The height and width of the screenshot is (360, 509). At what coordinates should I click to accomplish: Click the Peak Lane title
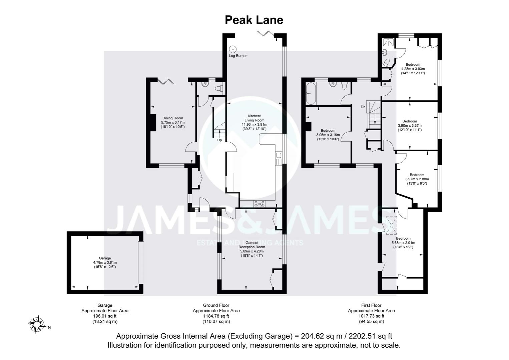pos(254,20)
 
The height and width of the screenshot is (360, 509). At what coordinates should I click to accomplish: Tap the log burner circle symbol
pos(233,49)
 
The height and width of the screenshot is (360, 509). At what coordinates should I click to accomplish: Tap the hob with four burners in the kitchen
pos(260,204)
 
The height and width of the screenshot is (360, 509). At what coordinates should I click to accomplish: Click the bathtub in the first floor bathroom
pos(311,94)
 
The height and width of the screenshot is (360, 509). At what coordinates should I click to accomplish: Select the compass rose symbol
pos(36,325)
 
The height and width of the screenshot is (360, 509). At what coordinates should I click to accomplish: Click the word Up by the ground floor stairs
pos(219,140)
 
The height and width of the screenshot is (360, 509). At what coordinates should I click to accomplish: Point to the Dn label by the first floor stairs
pos(363,107)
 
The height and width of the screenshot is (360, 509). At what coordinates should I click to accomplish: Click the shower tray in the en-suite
pos(388,42)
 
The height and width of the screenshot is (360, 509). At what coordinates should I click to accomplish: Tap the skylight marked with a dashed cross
pos(391,225)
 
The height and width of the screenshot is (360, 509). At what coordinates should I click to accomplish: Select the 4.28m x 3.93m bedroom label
pos(413,69)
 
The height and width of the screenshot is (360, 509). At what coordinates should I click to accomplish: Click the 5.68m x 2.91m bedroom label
pos(403,243)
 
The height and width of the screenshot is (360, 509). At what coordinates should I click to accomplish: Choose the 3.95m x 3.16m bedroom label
pos(328,135)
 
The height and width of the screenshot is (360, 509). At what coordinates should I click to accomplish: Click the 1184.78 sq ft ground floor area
pos(216,316)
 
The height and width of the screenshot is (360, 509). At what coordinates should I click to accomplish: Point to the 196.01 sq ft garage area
pos(105,316)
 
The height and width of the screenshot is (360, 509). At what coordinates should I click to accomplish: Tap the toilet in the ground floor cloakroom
pos(220,88)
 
